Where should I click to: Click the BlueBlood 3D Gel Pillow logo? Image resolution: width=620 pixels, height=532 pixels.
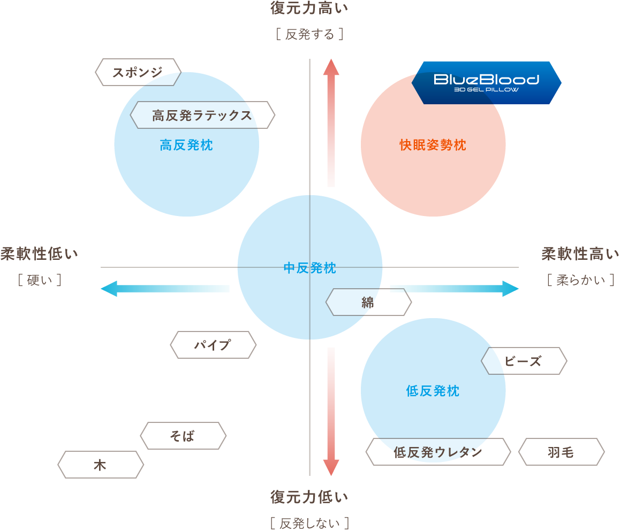click(x=486, y=82)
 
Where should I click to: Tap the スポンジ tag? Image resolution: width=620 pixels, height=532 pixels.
click(x=138, y=72)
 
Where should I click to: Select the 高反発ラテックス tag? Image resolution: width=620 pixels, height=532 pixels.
click(x=202, y=115)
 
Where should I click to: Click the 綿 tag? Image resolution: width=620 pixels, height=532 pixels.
click(x=368, y=302)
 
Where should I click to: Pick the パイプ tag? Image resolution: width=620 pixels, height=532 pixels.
click(x=213, y=345)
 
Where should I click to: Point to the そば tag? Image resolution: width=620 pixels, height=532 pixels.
click(x=183, y=436)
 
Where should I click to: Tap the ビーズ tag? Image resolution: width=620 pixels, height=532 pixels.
click(x=523, y=361)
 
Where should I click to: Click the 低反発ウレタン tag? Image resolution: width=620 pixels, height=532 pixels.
click(x=437, y=452)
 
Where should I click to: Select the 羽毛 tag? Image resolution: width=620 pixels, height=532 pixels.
click(x=561, y=452)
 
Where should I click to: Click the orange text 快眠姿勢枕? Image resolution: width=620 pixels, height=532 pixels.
click(x=433, y=145)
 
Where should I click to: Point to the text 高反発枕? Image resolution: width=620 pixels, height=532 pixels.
click(x=186, y=145)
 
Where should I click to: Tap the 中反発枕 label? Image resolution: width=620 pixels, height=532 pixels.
click(x=309, y=268)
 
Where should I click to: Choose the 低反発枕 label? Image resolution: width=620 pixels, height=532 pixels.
click(x=433, y=391)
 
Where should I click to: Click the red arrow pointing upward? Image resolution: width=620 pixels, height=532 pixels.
click(x=331, y=123)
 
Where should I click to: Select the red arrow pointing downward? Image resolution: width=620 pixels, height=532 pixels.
click(x=331, y=412)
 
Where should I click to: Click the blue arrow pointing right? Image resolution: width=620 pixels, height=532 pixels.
click(x=454, y=289)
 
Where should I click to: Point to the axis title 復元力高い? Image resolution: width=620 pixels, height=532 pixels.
click(x=309, y=9)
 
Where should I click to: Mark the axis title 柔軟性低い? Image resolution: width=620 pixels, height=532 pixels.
click(x=39, y=254)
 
